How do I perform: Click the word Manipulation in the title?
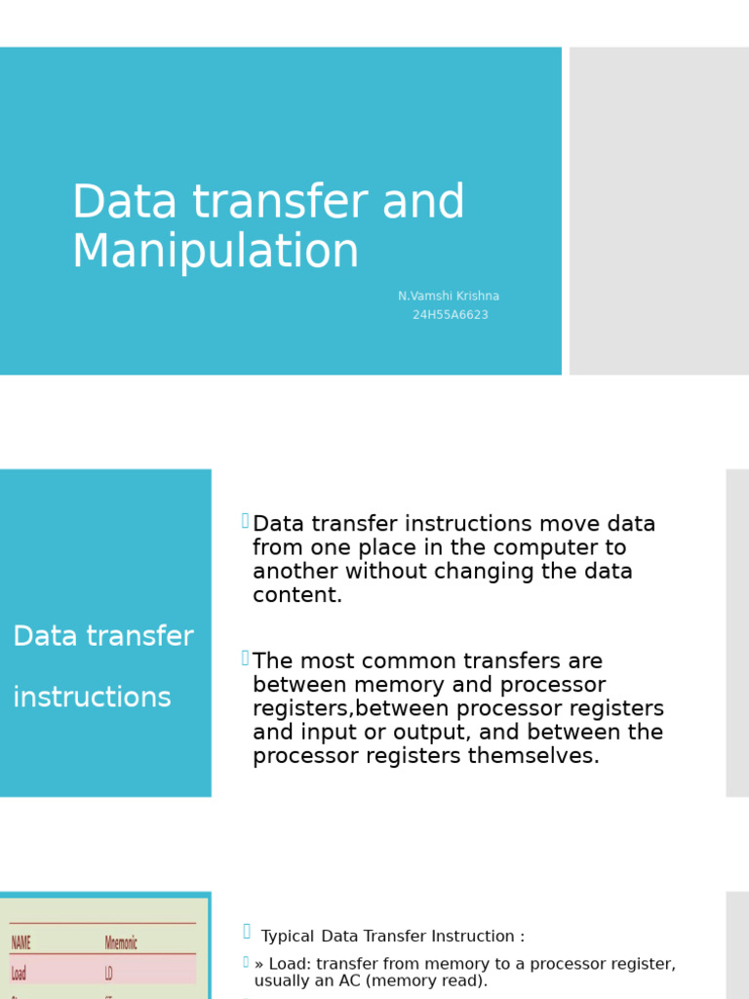tap(216, 252)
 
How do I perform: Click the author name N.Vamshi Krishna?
tap(449, 297)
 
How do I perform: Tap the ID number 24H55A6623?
tap(450, 315)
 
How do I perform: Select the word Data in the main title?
tap(125, 203)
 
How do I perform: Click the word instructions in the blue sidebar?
tap(92, 698)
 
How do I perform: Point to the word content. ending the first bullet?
tap(297, 595)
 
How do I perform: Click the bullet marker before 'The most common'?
tap(246, 659)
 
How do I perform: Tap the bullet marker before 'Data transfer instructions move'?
tap(246, 521)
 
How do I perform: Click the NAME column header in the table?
tap(21, 942)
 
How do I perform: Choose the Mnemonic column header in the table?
tap(121, 942)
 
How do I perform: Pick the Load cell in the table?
tap(19, 973)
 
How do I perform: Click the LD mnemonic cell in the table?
tap(109, 973)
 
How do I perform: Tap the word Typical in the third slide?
tap(288, 937)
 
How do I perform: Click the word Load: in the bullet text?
tap(291, 964)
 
